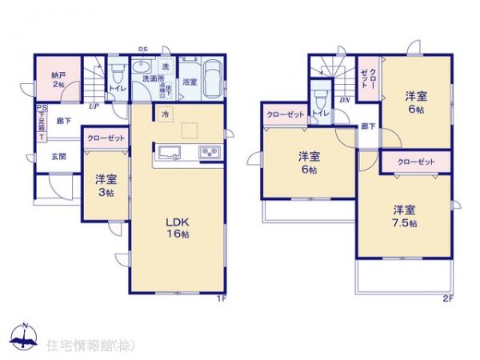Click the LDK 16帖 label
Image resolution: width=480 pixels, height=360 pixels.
tap(178, 227)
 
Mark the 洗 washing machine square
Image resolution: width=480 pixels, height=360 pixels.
tap(166, 66)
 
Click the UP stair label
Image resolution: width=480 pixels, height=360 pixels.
tap(94, 106)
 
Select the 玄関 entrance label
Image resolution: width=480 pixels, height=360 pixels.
tap(59, 156)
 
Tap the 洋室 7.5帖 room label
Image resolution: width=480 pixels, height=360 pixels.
tap(404, 216)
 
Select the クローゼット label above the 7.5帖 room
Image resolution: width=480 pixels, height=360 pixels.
tap(416, 162)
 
